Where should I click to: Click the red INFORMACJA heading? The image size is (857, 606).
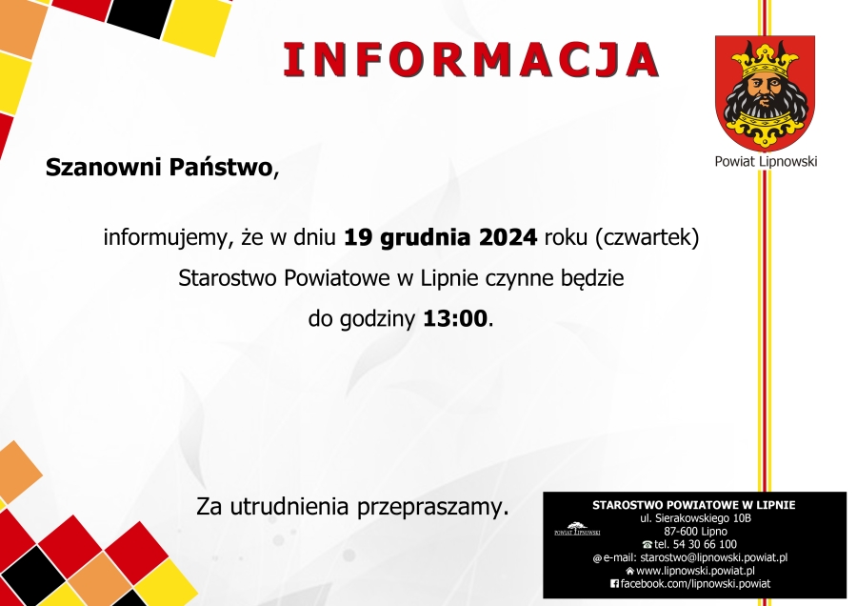tap(471, 59)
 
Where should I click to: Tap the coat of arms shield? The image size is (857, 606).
tap(766, 92)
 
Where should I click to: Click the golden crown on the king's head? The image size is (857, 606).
tap(764, 59)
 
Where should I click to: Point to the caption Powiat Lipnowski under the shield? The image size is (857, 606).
tap(766, 161)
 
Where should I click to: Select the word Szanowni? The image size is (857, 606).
tap(103, 167)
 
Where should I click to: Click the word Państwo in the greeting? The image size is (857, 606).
tap(220, 167)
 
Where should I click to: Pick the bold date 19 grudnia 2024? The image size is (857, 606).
tap(440, 238)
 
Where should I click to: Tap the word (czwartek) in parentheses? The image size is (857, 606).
tap(648, 238)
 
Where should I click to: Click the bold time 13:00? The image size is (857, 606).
tap(455, 318)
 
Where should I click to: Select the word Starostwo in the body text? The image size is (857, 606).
tap(228, 278)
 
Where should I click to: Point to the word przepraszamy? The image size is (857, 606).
tap(428, 507)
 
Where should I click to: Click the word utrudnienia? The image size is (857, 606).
tap(289, 506)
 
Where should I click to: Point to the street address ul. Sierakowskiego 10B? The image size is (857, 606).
tap(695, 518)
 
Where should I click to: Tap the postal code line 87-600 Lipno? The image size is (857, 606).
tap(695, 531)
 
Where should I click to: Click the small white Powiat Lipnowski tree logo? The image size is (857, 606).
tap(577, 529)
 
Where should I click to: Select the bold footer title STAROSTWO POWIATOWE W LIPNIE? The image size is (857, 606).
tap(694, 505)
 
